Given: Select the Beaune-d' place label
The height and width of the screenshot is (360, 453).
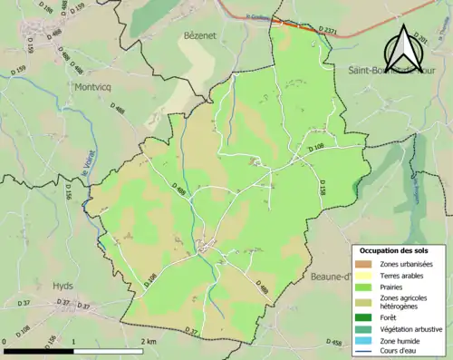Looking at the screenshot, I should (x=329, y=277).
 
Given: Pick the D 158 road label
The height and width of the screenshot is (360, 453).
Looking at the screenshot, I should (x=322, y=188).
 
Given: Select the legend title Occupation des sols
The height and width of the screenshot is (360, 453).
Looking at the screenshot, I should (x=395, y=250).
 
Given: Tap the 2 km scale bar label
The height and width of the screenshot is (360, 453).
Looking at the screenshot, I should (x=150, y=341).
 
